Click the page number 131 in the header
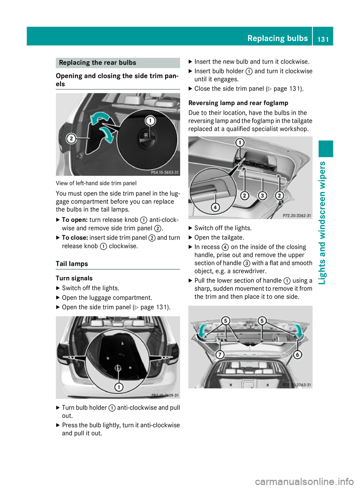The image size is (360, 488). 323,39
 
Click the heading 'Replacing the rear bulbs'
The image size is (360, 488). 97,63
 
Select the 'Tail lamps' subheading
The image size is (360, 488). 72,263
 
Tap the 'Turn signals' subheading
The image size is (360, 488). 74,278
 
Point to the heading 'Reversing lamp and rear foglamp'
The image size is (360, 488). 238,103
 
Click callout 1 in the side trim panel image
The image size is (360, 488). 150,121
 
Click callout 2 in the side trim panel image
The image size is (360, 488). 71,139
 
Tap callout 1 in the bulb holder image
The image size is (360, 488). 118,387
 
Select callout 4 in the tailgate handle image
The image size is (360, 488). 215,207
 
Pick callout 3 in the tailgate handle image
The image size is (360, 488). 262,195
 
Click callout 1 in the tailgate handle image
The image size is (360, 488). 240,142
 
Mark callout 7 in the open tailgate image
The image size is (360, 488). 220,354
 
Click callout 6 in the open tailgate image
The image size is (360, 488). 297,354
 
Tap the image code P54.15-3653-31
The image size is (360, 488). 165,172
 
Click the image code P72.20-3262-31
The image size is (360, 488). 297,216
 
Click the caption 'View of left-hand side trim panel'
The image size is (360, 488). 96,183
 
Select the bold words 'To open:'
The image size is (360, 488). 75,220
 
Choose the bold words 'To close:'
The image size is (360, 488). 75,238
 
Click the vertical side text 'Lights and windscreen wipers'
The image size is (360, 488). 322,223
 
